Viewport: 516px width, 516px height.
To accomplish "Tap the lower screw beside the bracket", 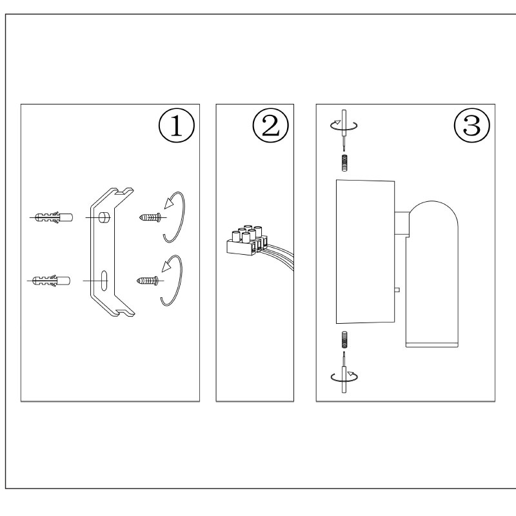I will coord(148,281).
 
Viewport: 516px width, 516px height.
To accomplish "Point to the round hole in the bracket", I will coord(104,217).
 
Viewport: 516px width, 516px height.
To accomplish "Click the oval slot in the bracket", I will coord(104,281).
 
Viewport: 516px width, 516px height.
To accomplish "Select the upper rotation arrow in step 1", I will coord(175,216).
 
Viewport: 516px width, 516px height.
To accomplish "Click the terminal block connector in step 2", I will coord(243,239).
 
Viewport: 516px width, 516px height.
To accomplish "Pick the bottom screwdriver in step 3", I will coord(343,374).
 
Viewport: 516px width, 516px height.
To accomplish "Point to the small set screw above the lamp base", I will coord(344,164).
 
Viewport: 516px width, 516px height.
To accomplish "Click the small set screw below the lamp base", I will coord(344,339).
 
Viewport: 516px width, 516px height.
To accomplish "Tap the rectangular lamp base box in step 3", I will coord(364,252).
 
